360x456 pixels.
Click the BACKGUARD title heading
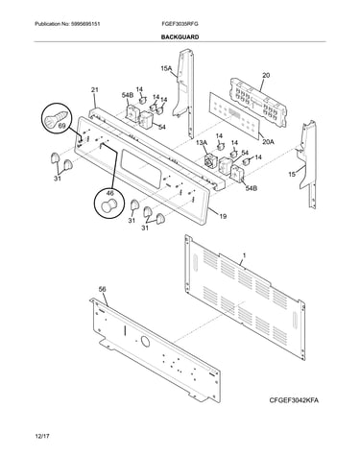180,37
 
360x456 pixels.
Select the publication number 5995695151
84,24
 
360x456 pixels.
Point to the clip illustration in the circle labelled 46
109,205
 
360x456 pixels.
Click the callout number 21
95,90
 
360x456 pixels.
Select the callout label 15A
166,68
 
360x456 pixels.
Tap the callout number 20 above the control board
266,76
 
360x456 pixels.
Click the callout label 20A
268,142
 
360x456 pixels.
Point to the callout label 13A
202,142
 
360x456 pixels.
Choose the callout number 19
223,217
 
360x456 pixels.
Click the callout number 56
103,289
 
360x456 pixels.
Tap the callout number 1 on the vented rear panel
245,255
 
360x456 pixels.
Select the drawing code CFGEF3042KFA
294,400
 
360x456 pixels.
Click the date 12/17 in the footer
43,436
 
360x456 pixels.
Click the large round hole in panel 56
145,342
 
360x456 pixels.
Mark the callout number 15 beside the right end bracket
292,175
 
